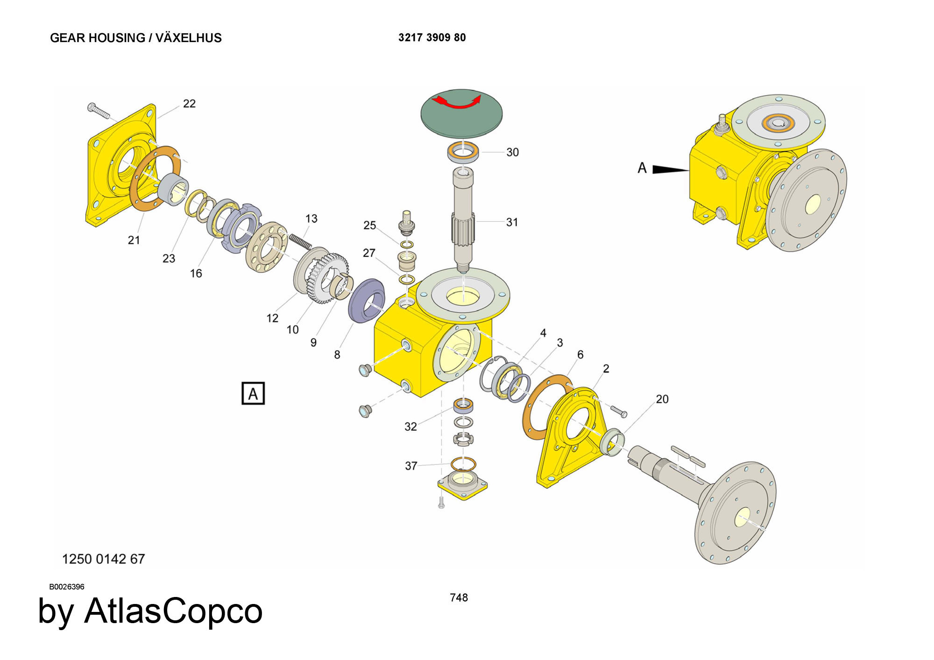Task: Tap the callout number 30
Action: pos(512,153)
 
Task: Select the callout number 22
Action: pos(189,104)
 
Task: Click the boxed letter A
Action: pos(253,393)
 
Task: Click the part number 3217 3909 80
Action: pos(432,38)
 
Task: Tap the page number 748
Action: pos(459,597)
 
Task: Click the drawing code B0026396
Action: pos(67,587)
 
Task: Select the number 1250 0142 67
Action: pos(104,559)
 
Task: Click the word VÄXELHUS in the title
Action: pos(189,38)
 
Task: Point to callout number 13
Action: pos(311,219)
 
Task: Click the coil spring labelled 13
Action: pos(300,241)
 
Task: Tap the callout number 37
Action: pos(411,466)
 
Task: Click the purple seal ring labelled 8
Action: pos(367,300)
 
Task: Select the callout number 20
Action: pos(662,400)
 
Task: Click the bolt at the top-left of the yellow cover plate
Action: pos(98,111)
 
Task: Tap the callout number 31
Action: pos(512,223)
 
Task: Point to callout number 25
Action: pos(369,225)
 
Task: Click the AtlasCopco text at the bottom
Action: pos(173,611)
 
